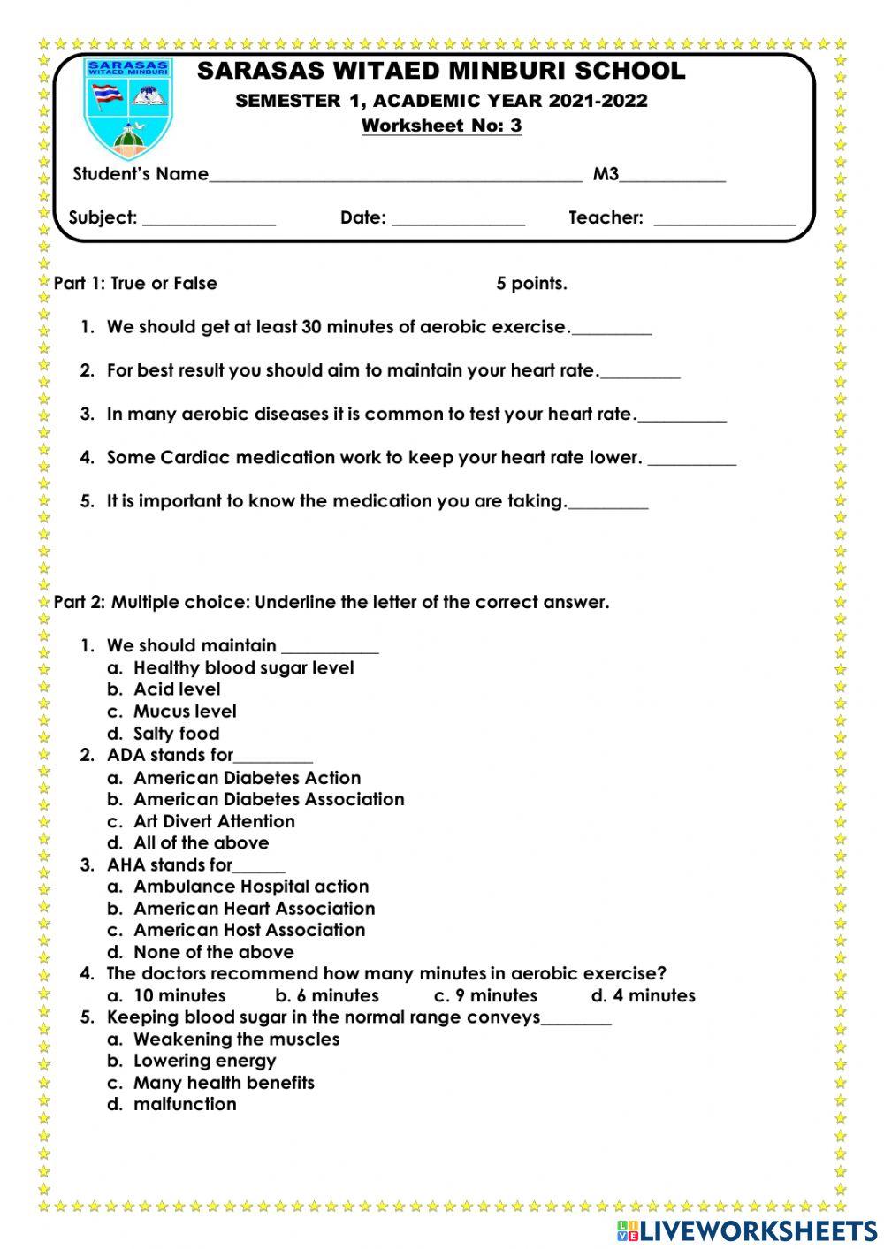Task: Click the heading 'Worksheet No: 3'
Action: coord(441,126)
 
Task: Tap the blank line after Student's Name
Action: coord(395,177)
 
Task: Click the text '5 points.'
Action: coord(531,284)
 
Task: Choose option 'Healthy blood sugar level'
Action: coord(243,668)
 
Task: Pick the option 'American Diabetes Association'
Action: coord(269,799)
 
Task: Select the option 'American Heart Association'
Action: coord(254,909)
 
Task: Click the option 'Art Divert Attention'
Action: coord(214,821)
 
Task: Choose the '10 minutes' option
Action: coord(179,996)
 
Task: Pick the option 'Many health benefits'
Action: coord(224,1083)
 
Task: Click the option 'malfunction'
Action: coord(185,1104)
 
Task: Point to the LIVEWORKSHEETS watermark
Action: coord(747,1230)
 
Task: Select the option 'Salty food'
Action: coord(176,734)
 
